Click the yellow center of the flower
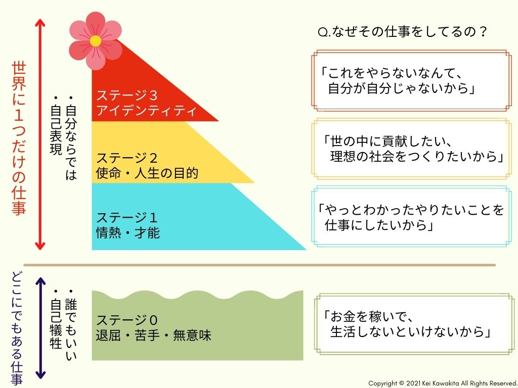coord(96,41)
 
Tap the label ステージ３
coord(126,95)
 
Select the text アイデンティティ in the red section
coord(146,111)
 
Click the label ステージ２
coord(126,158)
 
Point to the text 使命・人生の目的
coord(147,173)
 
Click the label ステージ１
coord(126,218)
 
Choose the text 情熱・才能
coord(128,233)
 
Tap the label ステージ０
coord(126,320)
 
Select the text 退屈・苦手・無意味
coord(153,335)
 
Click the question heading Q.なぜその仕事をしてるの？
coord(402,32)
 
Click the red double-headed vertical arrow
coord(40,134)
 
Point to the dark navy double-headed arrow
coord(40,328)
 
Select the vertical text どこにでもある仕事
coord(17,328)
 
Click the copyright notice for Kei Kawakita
coord(443,383)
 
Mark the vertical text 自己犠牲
coord(56,319)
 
